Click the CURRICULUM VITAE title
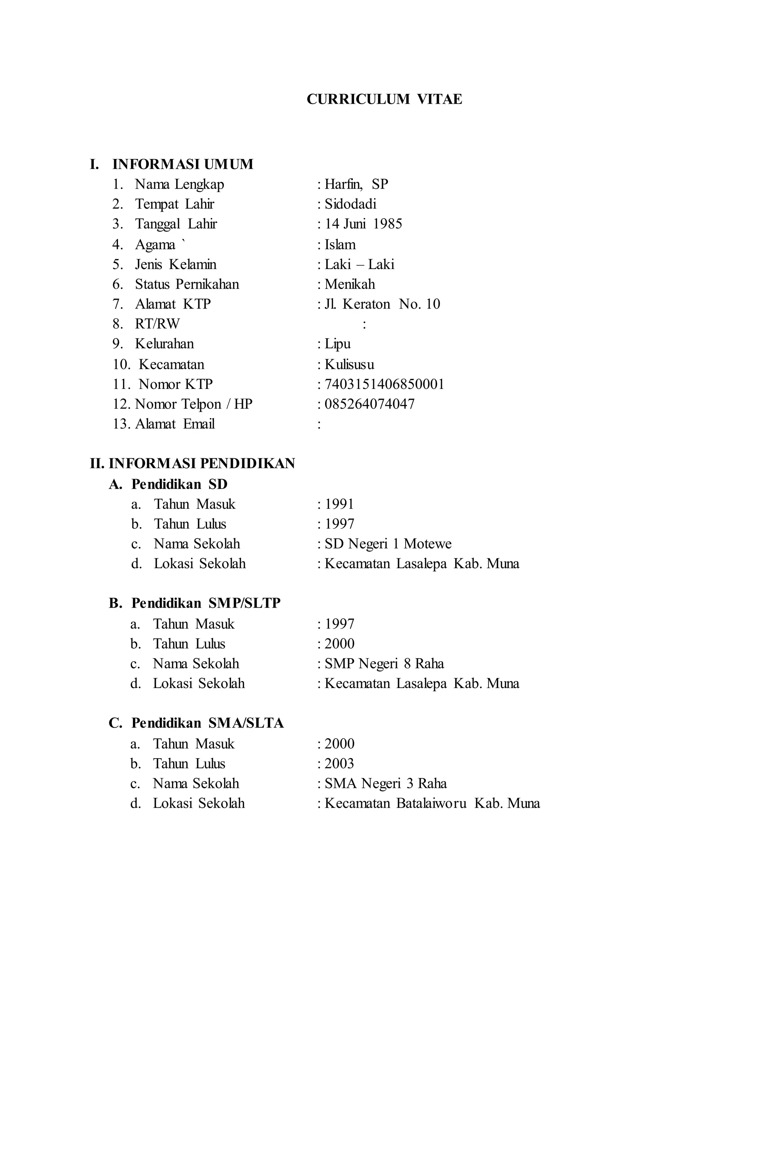pos(384,99)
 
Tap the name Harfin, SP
pos(356,184)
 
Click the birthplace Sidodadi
pos(350,204)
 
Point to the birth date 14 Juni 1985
pos(363,224)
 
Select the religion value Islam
pos(340,245)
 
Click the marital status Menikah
pos(350,284)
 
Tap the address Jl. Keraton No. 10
pos(382,304)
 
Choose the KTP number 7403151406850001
pos(384,384)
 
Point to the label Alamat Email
pos(175,424)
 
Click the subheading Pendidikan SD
pos(179,484)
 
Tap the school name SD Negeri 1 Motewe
pos(388,544)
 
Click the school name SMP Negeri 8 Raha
pos(384,664)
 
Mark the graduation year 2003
pos(339,763)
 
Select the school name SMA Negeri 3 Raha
pos(385,783)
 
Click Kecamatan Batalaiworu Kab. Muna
pos(432,803)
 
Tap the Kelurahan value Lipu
pos(337,343)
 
